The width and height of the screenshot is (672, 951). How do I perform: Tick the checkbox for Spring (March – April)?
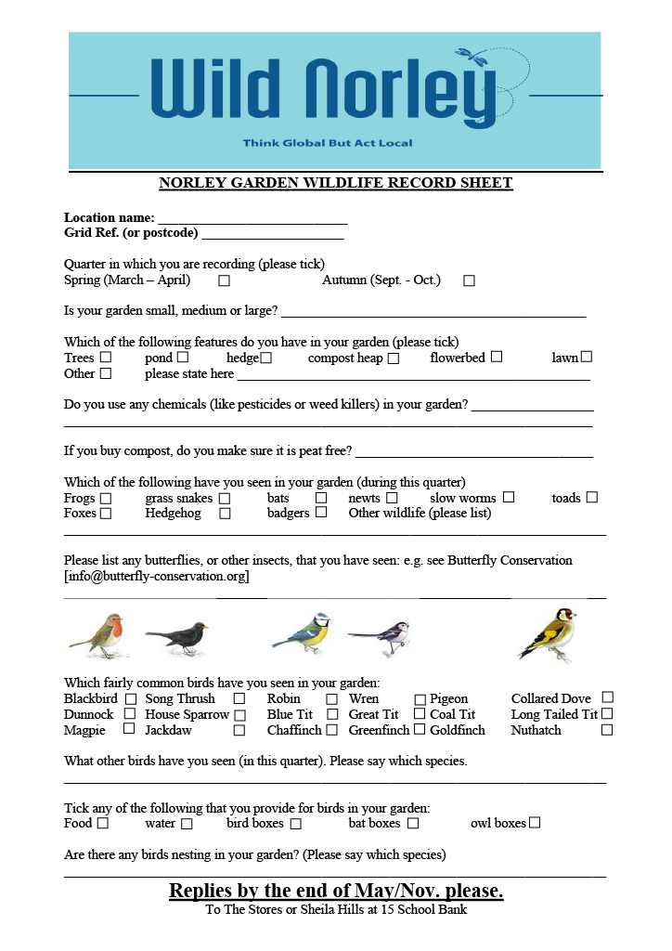pyautogui.click(x=224, y=280)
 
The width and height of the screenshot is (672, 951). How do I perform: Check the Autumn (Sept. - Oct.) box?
pyautogui.click(x=469, y=280)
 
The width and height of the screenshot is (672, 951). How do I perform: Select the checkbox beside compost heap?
pyautogui.click(x=394, y=358)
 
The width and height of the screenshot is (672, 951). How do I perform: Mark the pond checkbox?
pyautogui.click(x=183, y=358)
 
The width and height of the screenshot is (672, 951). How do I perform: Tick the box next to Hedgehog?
pyautogui.click(x=225, y=514)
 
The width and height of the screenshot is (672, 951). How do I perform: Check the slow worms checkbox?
pyautogui.click(x=509, y=498)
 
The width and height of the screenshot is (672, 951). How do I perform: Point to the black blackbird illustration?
pyautogui.click(x=176, y=638)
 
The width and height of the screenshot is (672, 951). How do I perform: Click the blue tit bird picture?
pyautogui.click(x=303, y=633)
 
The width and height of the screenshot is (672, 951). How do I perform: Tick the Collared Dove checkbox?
pyautogui.click(x=607, y=697)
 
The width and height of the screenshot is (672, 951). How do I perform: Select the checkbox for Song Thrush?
pyautogui.click(x=239, y=698)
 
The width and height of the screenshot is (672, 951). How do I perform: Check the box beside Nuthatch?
pyautogui.click(x=607, y=730)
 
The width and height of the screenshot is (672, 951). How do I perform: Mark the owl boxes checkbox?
pyautogui.click(x=535, y=823)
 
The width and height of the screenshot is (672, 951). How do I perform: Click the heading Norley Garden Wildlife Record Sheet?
pyautogui.click(x=335, y=183)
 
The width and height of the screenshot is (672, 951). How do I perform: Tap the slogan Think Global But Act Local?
pyautogui.click(x=328, y=143)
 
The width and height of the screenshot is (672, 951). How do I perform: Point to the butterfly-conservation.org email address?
pyautogui.click(x=157, y=577)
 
